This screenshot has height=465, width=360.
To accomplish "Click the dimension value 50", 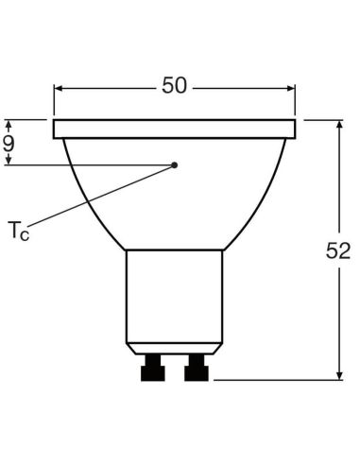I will [x=174, y=86].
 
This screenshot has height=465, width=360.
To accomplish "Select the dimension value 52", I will [x=338, y=252].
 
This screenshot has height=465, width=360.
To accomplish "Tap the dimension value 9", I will [x=9, y=144].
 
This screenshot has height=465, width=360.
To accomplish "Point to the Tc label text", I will [x=18, y=230].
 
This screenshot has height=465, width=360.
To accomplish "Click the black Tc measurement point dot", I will [x=175, y=165].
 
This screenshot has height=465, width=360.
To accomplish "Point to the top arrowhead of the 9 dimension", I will [x=9, y=123].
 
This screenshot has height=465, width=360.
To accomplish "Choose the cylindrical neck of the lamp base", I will [x=175, y=293].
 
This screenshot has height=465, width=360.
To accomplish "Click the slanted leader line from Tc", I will [x=104, y=196].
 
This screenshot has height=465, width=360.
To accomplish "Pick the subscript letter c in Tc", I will [x=25, y=233].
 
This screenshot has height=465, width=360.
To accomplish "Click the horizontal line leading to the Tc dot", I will [x=94, y=165].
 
